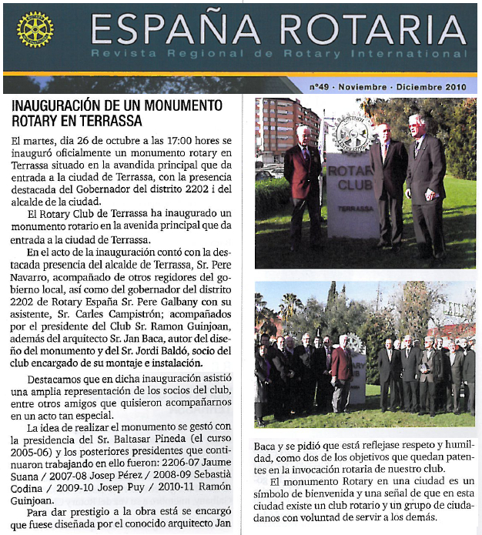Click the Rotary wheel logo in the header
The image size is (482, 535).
(35, 30)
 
